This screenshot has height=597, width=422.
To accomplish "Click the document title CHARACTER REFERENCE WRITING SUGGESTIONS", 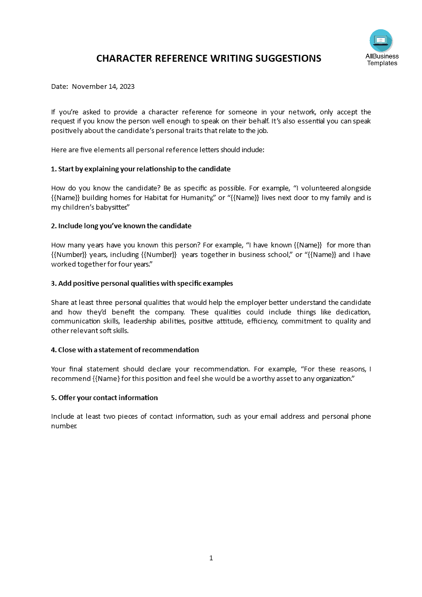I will pyautogui.click(x=209, y=59).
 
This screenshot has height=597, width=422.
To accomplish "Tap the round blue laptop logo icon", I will pyautogui.click(x=381, y=41).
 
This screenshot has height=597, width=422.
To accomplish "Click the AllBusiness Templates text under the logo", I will pyautogui.click(x=382, y=60).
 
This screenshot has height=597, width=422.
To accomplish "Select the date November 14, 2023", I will pyautogui.click(x=103, y=87).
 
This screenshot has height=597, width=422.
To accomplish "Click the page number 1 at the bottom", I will pyautogui.click(x=211, y=558).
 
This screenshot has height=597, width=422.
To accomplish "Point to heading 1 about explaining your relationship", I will pyautogui.click(x=140, y=169).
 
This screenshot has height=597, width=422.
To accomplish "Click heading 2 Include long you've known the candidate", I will pyautogui.click(x=121, y=226).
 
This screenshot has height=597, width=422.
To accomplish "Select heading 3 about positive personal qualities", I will pyautogui.click(x=142, y=283).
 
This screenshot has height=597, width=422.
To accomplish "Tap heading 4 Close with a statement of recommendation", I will pyautogui.click(x=125, y=350).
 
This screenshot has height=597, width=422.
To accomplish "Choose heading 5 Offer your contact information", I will pyautogui.click(x=104, y=397).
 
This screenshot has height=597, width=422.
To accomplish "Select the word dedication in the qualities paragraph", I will pyautogui.click(x=351, y=312).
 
